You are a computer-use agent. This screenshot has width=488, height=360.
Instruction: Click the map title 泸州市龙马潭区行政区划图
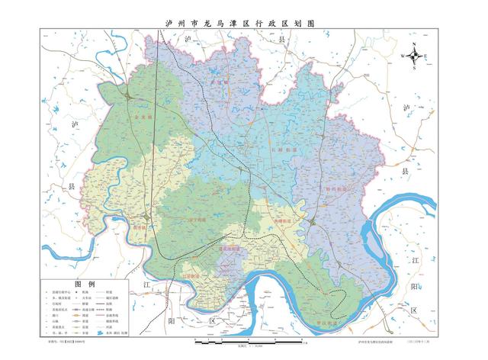click(x=244, y=24)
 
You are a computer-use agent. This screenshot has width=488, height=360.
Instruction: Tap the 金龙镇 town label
click(x=143, y=119)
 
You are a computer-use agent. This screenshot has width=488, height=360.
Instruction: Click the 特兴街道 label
click(x=335, y=188)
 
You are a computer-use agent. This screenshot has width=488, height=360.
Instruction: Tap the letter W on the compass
click(x=403, y=56)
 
